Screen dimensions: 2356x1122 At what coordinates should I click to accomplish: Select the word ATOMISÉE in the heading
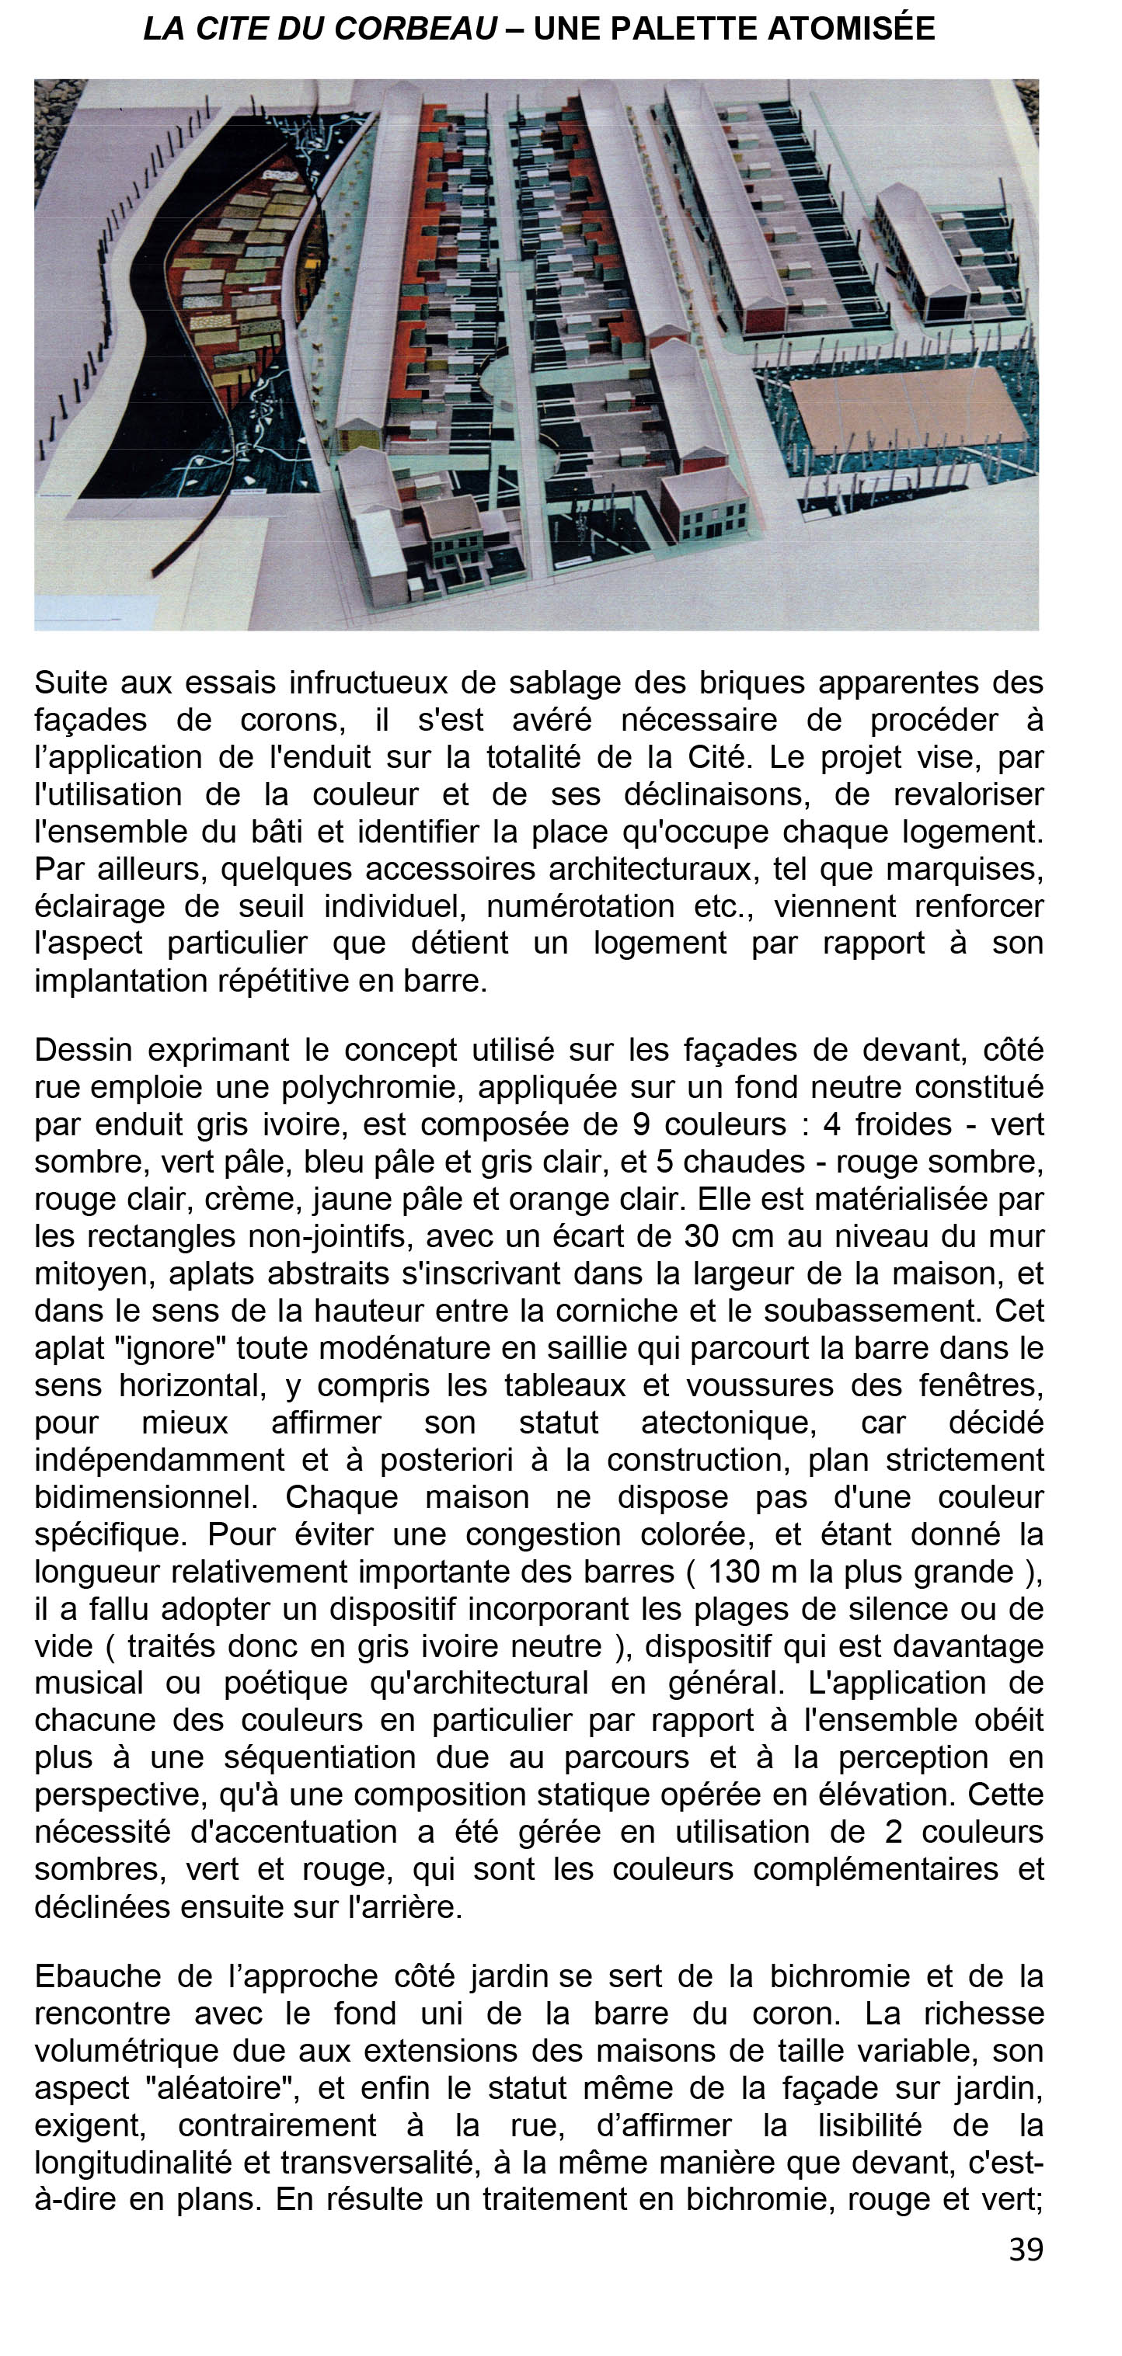(x=851, y=30)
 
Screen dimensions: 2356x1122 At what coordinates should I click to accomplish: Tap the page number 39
(x=1025, y=2250)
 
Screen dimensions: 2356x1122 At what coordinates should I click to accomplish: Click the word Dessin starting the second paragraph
(x=82, y=1050)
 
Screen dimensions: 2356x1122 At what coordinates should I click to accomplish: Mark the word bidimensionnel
(x=145, y=1497)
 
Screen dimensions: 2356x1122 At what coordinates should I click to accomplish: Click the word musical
(x=89, y=1684)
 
